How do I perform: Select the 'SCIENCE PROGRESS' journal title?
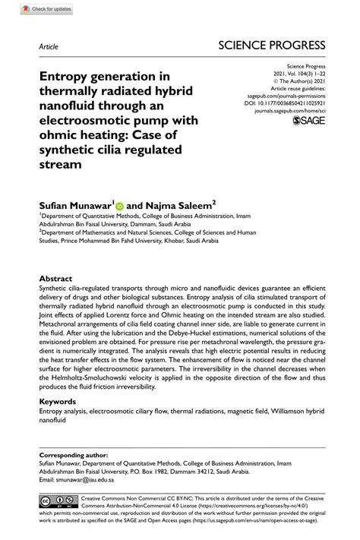click(x=271, y=45)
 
